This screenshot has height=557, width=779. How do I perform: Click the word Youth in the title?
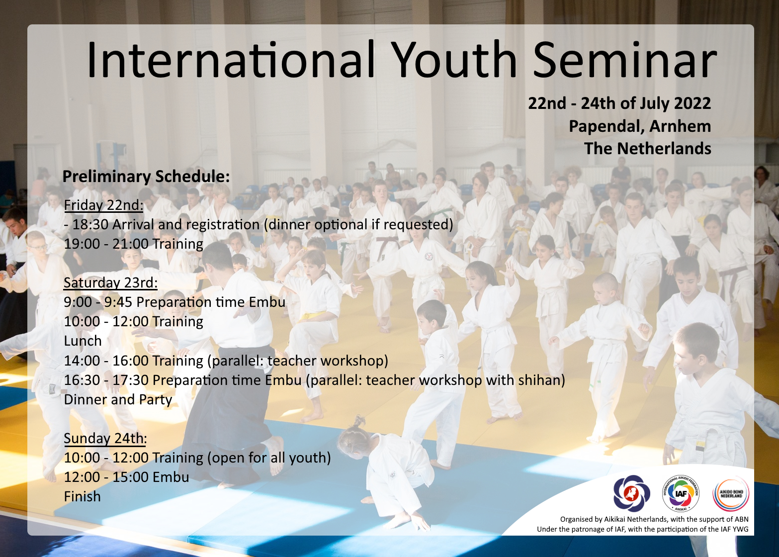pyautogui.click(x=456, y=59)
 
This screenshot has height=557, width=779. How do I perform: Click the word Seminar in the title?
pyautogui.click(x=624, y=59)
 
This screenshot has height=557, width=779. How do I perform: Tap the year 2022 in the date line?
pyautogui.click(x=692, y=103)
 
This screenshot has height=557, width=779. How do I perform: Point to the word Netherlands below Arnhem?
pyautogui.click(x=664, y=149)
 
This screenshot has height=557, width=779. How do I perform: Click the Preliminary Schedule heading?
pyautogui.click(x=146, y=177)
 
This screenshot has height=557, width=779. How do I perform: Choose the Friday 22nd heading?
pyautogui.click(x=103, y=205)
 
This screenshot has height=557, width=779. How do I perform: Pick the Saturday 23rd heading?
pyautogui.click(x=110, y=282)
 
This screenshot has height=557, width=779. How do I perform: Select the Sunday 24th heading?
pyautogui.click(x=105, y=438)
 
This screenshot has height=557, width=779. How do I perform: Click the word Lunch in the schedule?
pyautogui.click(x=83, y=341)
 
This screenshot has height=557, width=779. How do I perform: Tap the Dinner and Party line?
pyautogui.click(x=118, y=400)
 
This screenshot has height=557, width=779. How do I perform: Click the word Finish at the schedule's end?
pyautogui.click(x=82, y=496)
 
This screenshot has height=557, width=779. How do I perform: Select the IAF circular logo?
pyautogui.click(x=681, y=493)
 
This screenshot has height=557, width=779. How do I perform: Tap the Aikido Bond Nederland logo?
pyautogui.click(x=731, y=494)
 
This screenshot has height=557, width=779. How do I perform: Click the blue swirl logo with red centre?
pyautogui.click(x=631, y=493)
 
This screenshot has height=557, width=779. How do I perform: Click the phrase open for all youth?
pyautogui.click(x=269, y=458)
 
